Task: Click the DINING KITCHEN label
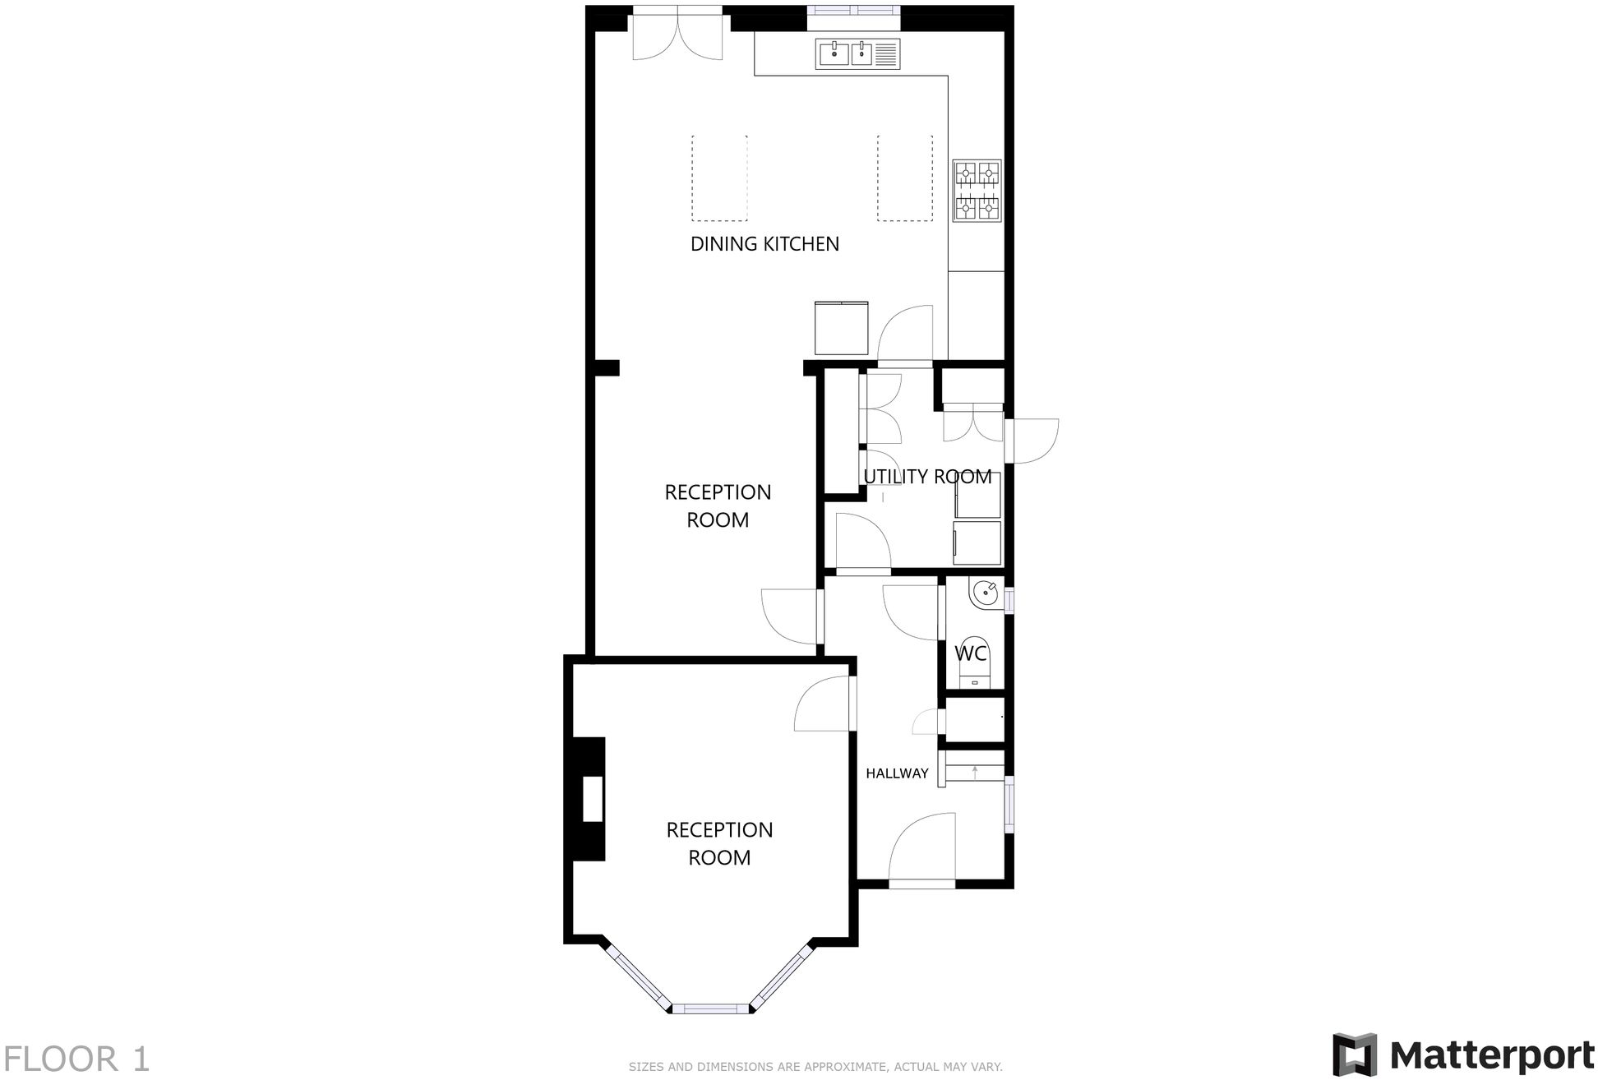[764, 244]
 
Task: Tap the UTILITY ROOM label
[927, 477]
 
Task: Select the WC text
[970, 654]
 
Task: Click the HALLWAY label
[897, 773]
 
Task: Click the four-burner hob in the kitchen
[977, 191]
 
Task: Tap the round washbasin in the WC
[984, 594]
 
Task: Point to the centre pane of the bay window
[711, 1008]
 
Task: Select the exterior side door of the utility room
[1034, 441]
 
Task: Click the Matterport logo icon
[1353, 1054]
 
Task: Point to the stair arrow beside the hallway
[975, 772]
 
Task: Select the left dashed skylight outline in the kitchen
[719, 178]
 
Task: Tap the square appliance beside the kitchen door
[841, 328]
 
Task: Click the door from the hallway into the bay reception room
[824, 705]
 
